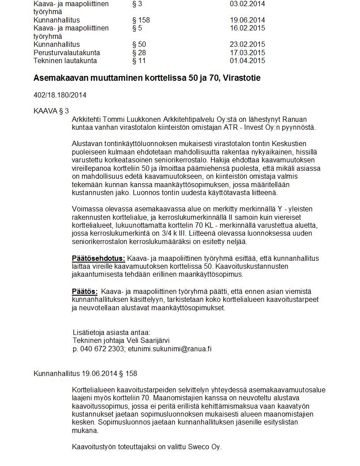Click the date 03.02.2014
[247, 4]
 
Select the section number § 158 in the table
[141, 20]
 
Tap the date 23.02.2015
[247, 45]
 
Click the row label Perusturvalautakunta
[67, 53]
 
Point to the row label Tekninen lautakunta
[65, 61]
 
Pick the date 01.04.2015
[247, 61]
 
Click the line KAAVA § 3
[51, 111]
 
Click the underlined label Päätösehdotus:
[98, 258]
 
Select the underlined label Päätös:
[85, 291]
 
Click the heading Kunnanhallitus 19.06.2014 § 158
[85, 374]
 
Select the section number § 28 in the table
[139, 53]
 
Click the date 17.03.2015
[247, 53]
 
